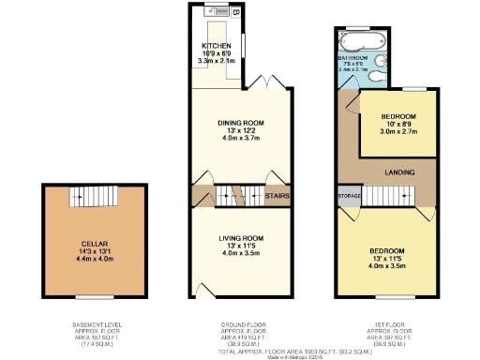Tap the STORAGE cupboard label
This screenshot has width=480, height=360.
point(349,195)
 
